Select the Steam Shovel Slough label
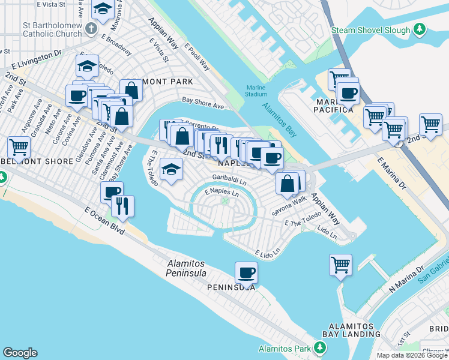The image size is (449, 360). [x=371, y=30]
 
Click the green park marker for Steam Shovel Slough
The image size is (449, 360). [x=420, y=29]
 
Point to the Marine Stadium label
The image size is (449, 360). [x=256, y=91]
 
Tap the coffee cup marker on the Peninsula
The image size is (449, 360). [x=246, y=273]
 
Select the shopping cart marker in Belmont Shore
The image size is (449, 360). [x=19, y=146]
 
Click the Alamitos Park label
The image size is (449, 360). [x=285, y=349]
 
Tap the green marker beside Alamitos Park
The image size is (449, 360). [x=320, y=348]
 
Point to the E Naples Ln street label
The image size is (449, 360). [x=221, y=193]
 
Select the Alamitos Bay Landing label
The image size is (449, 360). [x=351, y=329]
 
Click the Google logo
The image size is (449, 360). [x=20, y=353]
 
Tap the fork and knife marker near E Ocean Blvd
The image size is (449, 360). [x=123, y=206]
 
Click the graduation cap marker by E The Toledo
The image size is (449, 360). [x=172, y=170]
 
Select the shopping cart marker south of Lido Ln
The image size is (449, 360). [x=340, y=264]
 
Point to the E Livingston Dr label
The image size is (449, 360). [x=37, y=53]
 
